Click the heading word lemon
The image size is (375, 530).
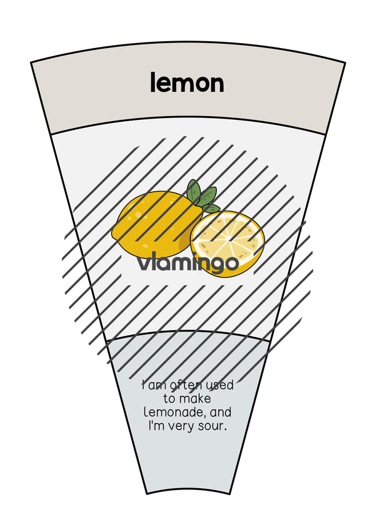click(187, 82)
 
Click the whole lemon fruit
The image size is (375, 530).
click(157, 225)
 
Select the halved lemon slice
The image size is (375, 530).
click(227, 243)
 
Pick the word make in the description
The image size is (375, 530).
click(196, 398)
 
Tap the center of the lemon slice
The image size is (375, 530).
click(227, 243)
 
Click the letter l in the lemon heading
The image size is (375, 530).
click(152, 82)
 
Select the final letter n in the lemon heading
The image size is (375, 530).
click(217, 84)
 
